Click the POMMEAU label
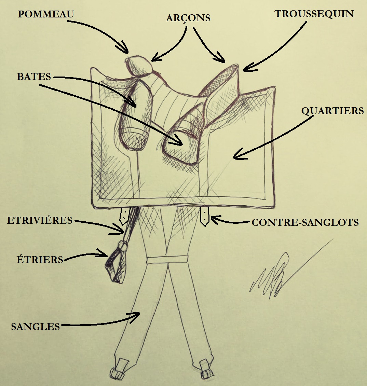(46, 14)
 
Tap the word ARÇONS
(188, 18)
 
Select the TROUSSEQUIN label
(314, 14)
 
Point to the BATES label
(34, 77)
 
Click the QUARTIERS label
(332, 111)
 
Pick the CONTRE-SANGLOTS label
(305, 222)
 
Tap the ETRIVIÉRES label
(40, 220)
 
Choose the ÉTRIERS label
(40, 259)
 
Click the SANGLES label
(35, 326)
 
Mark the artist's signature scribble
(273, 273)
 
